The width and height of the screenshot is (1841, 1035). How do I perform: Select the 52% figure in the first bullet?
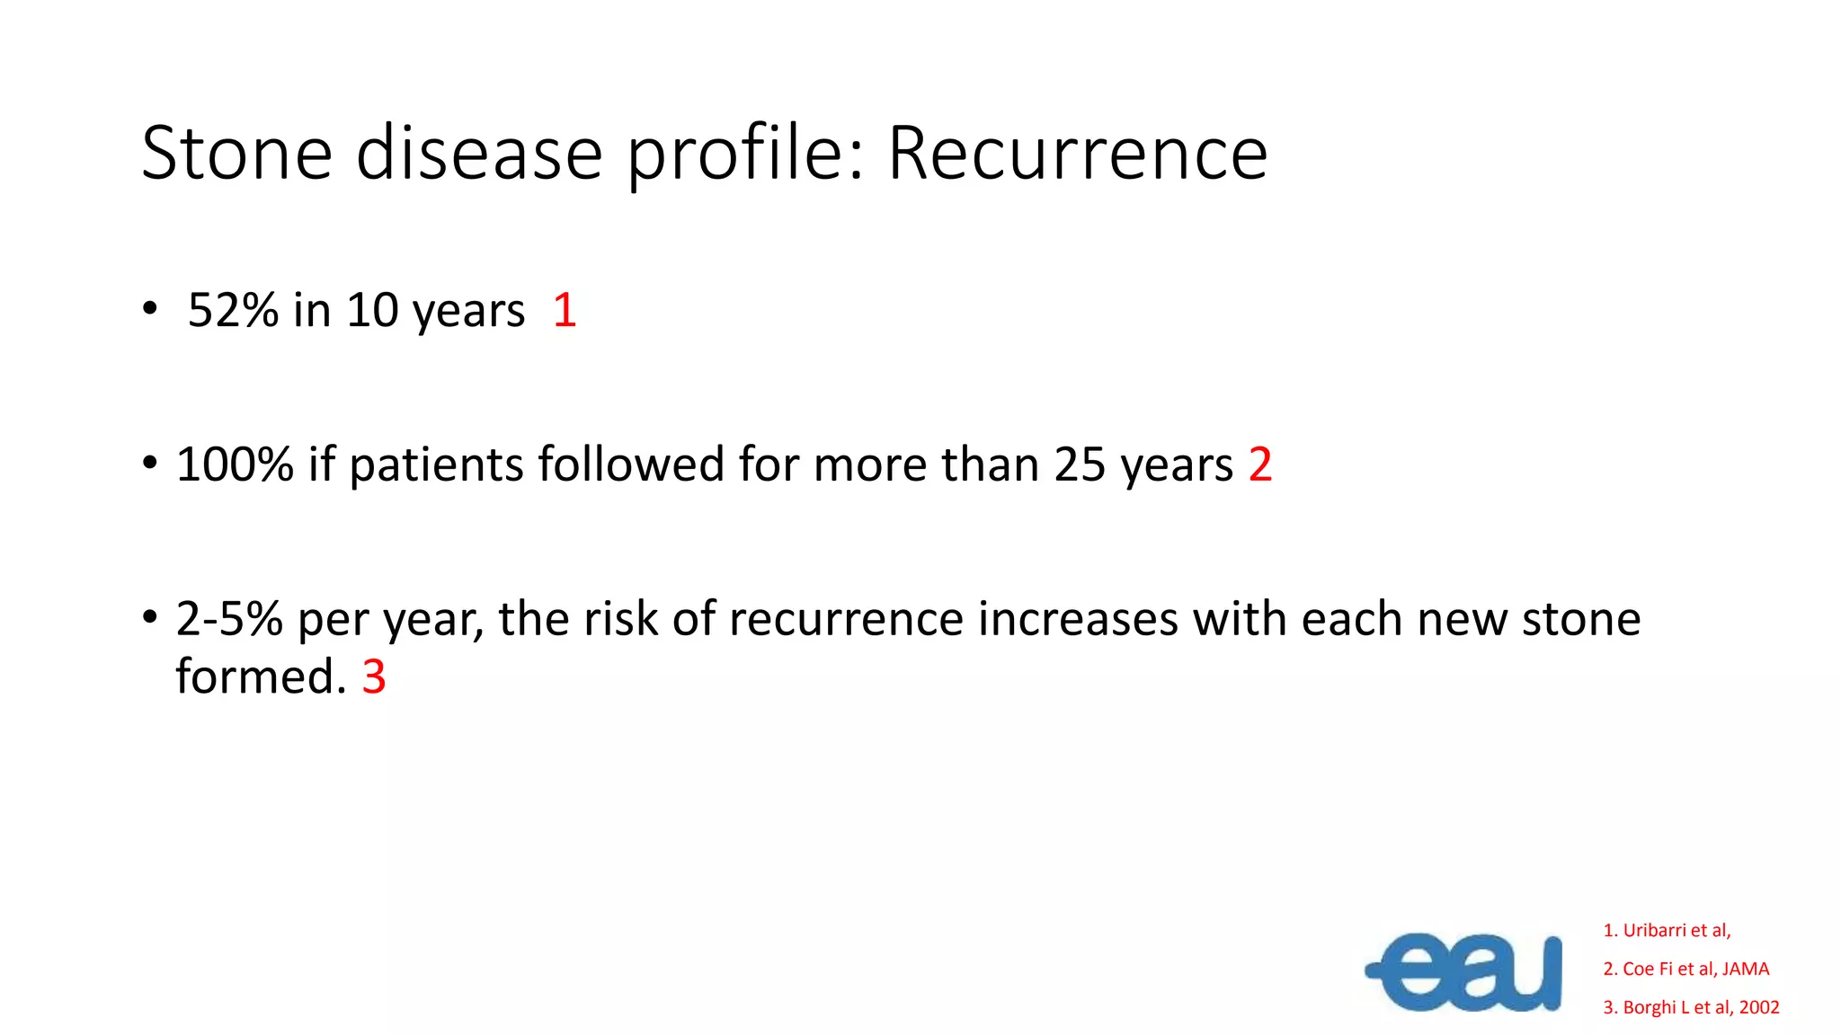(x=234, y=311)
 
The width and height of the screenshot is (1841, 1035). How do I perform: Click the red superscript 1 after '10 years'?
(x=565, y=311)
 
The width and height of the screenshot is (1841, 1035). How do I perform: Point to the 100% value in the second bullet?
(x=235, y=464)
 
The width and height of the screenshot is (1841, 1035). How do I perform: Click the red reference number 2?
(x=1260, y=464)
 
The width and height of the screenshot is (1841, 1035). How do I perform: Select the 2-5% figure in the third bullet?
(x=229, y=619)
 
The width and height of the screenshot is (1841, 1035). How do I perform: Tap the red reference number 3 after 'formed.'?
(x=374, y=677)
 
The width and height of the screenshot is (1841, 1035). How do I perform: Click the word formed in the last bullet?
(x=261, y=677)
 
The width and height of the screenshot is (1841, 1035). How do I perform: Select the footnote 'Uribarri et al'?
(x=1668, y=931)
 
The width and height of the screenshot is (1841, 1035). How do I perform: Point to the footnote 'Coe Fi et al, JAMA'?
(x=1686, y=969)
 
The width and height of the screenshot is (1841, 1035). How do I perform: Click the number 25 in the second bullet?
(x=1080, y=464)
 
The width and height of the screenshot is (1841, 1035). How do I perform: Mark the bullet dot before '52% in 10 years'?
(x=150, y=309)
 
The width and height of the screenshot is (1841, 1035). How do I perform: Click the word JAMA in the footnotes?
(x=1746, y=969)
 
